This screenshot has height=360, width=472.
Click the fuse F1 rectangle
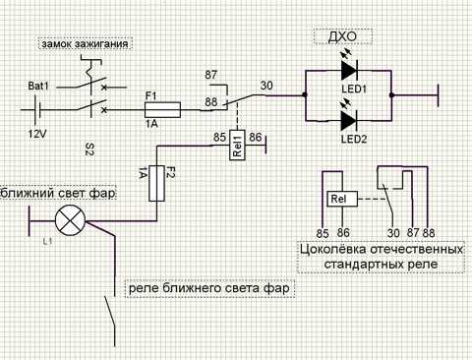coord(162,109)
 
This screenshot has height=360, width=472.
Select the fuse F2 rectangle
coord(156,183)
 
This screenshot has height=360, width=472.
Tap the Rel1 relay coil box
coord(237,145)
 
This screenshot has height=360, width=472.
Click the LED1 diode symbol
coord(349,70)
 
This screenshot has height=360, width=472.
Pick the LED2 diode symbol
coord(349,121)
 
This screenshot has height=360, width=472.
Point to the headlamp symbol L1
coord(70,221)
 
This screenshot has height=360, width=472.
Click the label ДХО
coord(342,36)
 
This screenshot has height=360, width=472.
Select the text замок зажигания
coord(85,44)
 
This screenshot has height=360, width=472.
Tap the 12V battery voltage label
coord(37,134)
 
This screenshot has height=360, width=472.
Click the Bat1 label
coord(38,86)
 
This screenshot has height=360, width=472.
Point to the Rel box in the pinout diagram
coord(342,199)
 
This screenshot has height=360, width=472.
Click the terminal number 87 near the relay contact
coord(211,75)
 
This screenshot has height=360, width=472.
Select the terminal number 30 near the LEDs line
coord(266,86)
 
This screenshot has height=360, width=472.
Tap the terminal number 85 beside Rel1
coord(219,137)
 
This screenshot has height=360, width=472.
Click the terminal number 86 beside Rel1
coord(256,137)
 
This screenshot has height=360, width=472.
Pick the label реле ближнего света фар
coord(209,288)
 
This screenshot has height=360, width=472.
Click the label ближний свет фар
coord(58,193)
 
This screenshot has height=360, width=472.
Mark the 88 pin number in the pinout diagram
coord(429,233)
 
